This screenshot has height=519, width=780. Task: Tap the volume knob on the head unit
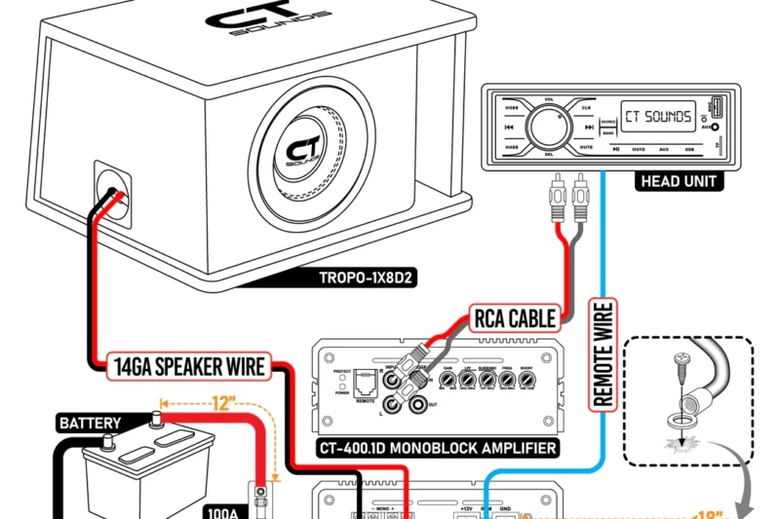pos(549,126)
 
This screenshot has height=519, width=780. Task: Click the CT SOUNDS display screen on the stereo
pos(658,117)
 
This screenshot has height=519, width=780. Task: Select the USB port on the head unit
pos(715,106)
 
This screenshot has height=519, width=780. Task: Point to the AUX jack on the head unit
pos(715,127)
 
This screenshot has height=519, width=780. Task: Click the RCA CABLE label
pos(516,318)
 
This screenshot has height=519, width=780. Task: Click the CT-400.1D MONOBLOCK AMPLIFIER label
pos(438,449)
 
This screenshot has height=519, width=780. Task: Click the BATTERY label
pos(90,424)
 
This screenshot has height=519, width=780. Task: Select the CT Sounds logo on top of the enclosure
pos(259,21)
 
